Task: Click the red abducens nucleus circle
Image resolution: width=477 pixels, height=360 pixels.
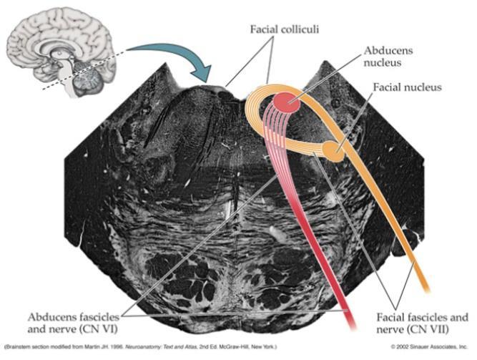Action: (287, 102)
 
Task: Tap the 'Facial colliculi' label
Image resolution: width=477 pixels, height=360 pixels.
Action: (285, 29)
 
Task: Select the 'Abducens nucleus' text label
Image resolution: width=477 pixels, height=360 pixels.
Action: (388, 57)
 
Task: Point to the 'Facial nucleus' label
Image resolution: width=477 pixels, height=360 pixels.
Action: (407, 87)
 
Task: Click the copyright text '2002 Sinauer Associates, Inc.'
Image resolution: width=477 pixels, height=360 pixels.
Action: (432, 346)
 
